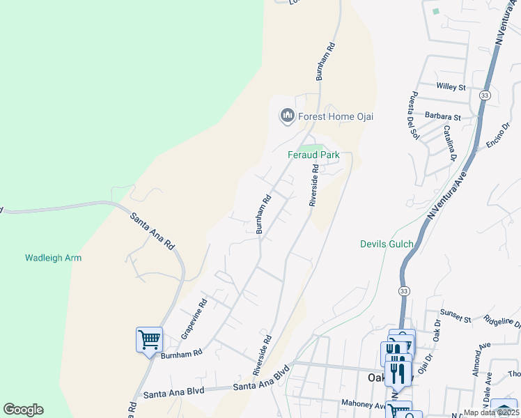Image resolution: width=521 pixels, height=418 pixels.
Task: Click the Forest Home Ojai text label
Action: [x=336, y=116]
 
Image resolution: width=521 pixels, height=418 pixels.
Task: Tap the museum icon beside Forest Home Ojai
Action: [x=287, y=116]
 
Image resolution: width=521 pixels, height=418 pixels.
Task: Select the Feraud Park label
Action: [x=313, y=155]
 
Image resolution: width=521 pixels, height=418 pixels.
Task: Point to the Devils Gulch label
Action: [x=387, y=244]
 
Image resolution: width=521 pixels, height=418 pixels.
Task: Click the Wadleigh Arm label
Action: [x=54, y=258]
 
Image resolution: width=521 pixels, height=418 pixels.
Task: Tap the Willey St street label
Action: [x=451, y=87]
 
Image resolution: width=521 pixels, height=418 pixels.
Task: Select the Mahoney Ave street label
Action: [x=363, y=403]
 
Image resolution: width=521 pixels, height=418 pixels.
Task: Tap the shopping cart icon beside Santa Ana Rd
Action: [x=150, y=340]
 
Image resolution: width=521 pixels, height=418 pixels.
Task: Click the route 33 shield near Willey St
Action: [x=485, y=95]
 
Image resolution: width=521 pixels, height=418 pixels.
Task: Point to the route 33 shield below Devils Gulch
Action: [x=403, y=289]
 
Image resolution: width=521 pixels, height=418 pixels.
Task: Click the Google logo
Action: [x=23, y=410]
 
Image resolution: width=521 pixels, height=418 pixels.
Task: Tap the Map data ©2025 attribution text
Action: [x=491, y=412]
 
